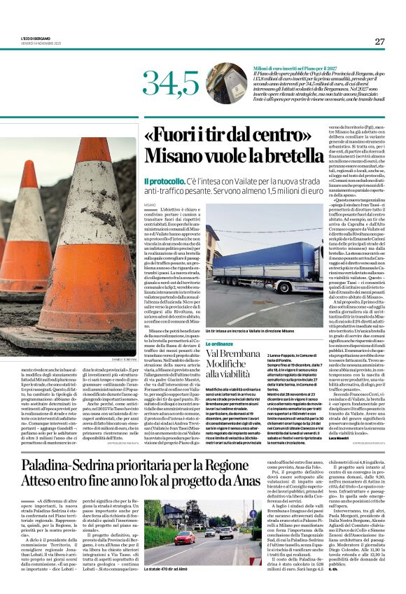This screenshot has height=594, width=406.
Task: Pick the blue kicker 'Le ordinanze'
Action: (x=218, y=345)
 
